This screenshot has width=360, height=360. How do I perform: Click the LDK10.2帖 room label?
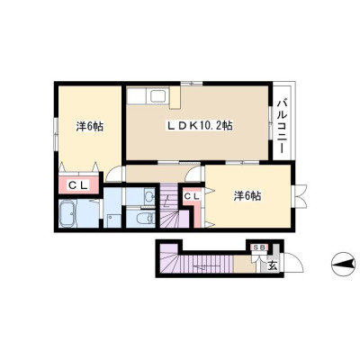tap(200, 126)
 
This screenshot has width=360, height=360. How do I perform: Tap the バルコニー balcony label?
tap(282, 126)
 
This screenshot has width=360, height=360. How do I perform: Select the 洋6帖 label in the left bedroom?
tap(90, 126)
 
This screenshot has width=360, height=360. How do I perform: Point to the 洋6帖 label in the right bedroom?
tap(247, 196)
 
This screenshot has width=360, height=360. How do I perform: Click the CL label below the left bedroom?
tap(78, 185)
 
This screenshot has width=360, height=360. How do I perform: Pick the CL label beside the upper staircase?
tap(192, 196)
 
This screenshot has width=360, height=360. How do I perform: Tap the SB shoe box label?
tap(259, 247)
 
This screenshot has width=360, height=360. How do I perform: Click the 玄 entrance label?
tap(273, 265)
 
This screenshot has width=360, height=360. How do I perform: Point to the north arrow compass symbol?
tap(343, 265)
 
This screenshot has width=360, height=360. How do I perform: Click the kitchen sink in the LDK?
tap(158, 96)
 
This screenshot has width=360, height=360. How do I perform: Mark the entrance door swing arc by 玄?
tap(293, 263)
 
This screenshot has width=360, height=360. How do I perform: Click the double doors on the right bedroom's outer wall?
tap(299, 196)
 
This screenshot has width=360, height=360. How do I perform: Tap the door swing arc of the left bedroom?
tap(113, 175)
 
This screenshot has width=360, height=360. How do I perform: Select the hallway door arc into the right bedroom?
tap(194, 175)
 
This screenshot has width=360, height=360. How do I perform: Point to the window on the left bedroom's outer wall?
tap(56, 133)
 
